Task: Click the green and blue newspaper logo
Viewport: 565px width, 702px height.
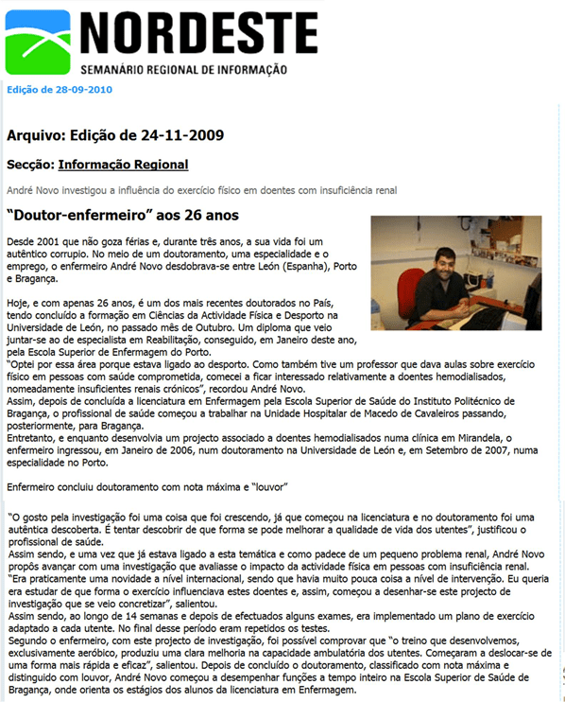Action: click(37, 42)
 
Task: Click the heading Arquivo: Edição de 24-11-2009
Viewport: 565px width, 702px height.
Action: click(115, 135)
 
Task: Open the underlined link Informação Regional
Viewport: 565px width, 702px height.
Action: click(123, 165)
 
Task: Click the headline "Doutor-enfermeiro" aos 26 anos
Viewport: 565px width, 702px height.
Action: click(109, 216)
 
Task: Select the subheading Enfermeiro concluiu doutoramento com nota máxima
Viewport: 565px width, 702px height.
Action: click(146, 486)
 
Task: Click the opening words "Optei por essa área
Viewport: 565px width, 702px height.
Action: click(52, 363)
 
